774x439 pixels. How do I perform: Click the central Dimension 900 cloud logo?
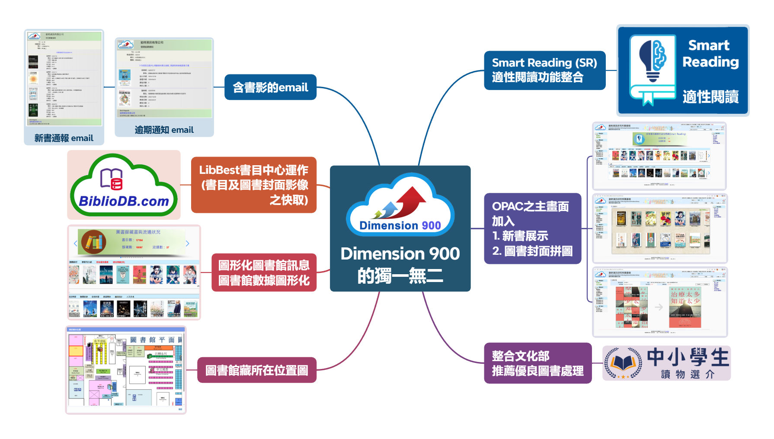[x=400, y=205]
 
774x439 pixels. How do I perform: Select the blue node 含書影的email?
[x=271, y=87]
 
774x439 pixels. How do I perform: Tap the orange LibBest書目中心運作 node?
[x=254, y=185]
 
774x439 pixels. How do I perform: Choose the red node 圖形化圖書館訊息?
[x=264, y=272]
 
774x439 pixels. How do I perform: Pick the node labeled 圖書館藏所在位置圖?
[x=257, y=370]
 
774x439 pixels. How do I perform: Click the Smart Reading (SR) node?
[x=544, y=70]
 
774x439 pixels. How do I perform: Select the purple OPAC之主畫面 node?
[x=532, y=228]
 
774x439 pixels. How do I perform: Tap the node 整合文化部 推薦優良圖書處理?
[x=537, y=363]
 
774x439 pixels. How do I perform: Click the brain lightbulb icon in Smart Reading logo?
[x=653, y=61]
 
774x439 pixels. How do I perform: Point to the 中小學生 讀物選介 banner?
[x=667, y=363]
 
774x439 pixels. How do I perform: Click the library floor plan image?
[x=126, y=370]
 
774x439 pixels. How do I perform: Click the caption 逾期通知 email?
[x=164, y=130]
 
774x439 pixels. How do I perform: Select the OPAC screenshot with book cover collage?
[x=660, y=302]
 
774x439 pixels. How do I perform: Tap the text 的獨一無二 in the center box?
[x=400, y=276]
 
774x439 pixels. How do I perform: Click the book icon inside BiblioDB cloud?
[x=112, y=179]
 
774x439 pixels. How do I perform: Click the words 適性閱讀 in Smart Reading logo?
[x=710, y=96]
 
